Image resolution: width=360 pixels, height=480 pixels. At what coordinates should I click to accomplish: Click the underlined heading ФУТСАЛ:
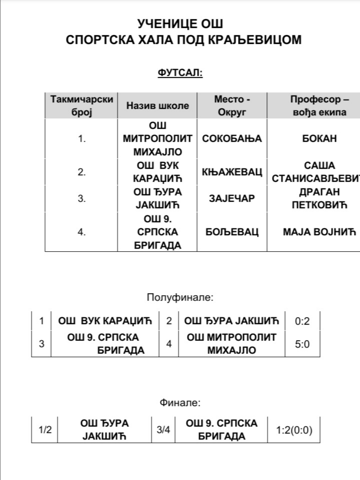click(180, 73)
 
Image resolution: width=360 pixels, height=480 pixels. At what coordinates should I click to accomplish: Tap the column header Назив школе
click(157, 105)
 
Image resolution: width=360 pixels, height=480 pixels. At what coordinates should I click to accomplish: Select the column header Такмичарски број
click(82, 105)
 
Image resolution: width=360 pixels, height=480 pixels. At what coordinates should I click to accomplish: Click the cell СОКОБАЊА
click(232, 139)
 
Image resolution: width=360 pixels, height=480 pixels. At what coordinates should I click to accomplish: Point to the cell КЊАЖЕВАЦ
click(232, 172)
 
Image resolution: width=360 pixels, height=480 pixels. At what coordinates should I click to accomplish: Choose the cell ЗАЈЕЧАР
click(232, 198)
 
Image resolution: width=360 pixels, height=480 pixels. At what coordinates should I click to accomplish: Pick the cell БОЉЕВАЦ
click(232, 232)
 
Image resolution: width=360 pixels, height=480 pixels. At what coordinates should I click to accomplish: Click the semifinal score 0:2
click(302, 321)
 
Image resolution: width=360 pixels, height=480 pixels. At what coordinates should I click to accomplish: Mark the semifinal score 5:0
click(302, 344)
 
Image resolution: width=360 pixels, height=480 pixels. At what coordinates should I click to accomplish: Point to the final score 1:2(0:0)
click(293, 430)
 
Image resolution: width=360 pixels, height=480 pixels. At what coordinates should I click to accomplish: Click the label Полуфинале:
click(180, 298)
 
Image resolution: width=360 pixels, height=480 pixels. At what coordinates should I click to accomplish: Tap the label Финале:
click(180, 403)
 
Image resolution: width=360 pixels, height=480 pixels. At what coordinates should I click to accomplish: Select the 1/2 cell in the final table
click(45, 430)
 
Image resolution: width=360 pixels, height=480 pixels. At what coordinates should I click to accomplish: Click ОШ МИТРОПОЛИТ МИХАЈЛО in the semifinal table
click(231, 344)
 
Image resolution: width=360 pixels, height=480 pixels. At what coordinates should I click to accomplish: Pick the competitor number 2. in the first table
click(82, 172)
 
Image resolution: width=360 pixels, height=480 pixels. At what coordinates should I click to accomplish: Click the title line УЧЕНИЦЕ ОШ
click(180, 24)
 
